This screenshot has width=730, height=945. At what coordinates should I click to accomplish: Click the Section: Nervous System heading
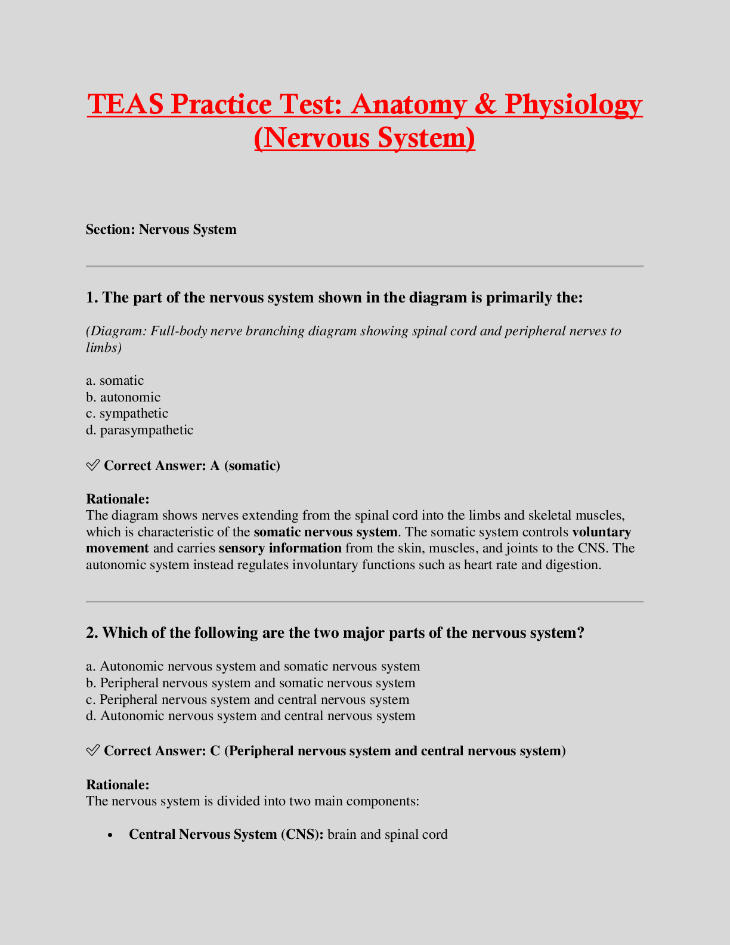(161, 230)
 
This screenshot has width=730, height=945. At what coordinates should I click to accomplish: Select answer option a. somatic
(115, 381)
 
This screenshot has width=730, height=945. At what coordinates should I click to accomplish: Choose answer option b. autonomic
(123, 397)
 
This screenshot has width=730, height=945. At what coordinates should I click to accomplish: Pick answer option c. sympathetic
(127, 413)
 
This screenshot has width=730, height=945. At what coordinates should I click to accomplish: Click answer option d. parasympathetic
(140, 430)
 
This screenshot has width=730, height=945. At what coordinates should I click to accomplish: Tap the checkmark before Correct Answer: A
(92, 465)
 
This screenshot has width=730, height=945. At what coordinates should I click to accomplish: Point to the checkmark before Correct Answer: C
(92, 751)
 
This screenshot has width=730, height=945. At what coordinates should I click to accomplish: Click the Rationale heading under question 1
(117, 499)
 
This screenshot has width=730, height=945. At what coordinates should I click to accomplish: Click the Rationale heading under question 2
(117, 784)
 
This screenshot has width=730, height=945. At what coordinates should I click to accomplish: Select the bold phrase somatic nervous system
(326, 532)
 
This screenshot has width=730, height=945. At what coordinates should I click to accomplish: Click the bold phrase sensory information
(280, 548)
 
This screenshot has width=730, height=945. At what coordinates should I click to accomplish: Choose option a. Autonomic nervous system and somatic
(253, 666)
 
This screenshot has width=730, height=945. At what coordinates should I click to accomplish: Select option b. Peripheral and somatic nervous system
(250, 683)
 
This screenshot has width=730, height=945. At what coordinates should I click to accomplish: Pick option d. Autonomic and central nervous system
(250, 716)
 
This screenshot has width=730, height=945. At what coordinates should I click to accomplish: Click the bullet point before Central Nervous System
(110, 835)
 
